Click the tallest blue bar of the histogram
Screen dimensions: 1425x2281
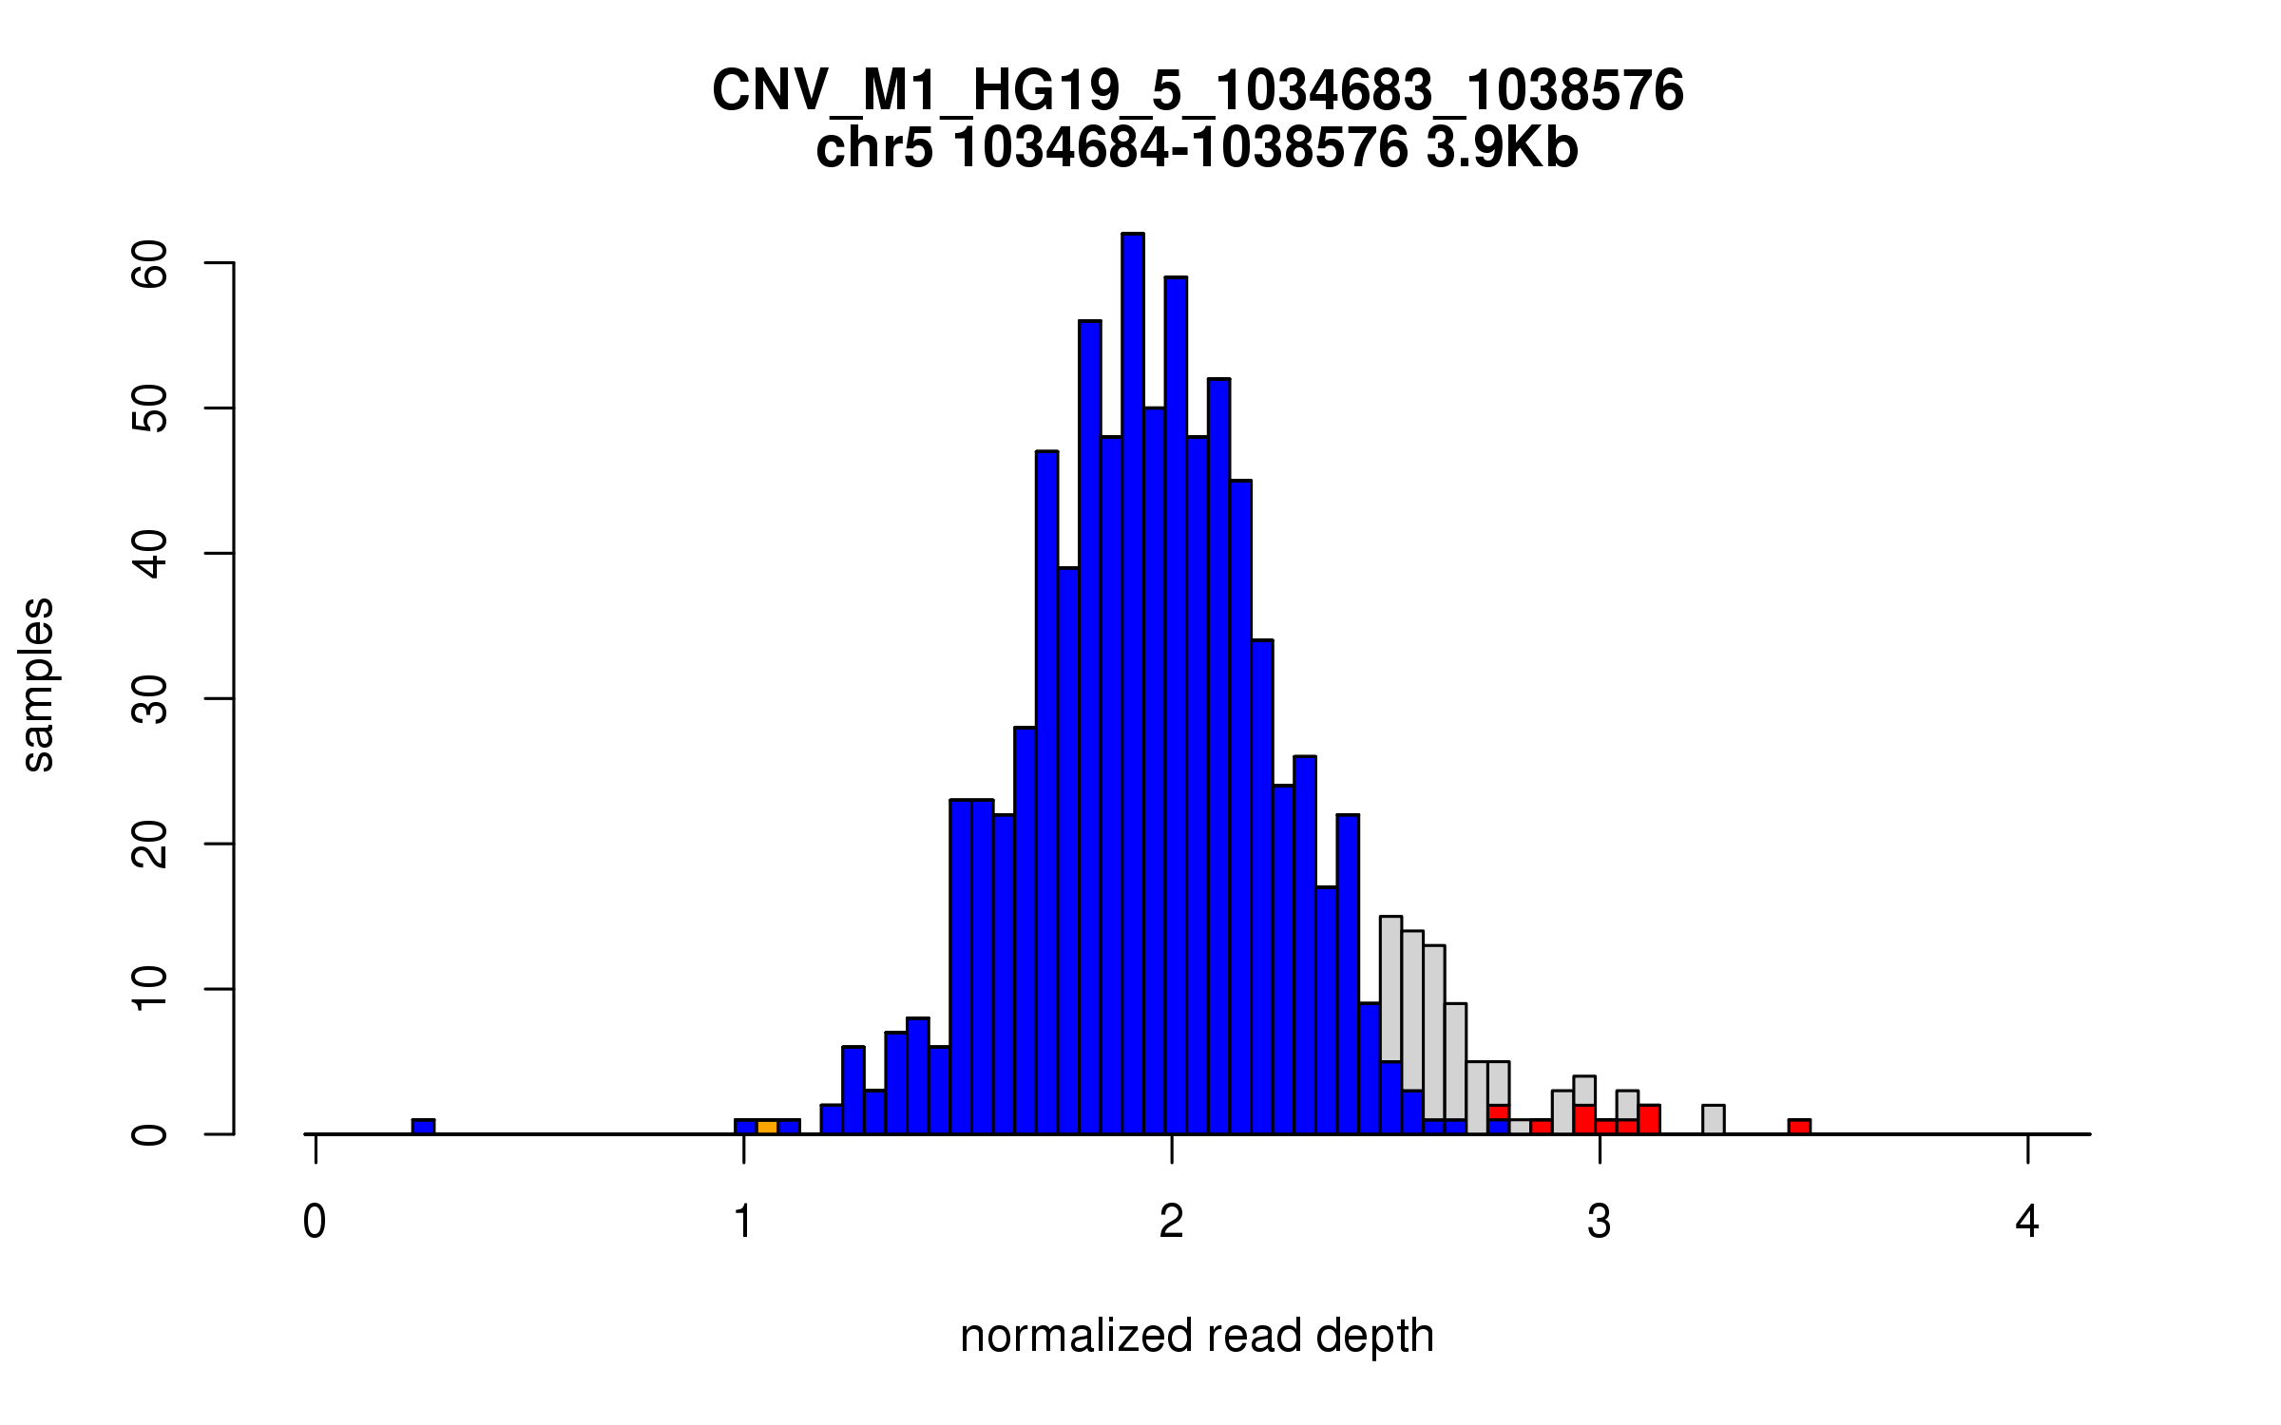(1132, 684)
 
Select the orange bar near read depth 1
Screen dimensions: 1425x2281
(767, 1127)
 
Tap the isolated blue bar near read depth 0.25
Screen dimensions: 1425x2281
(423, 1127)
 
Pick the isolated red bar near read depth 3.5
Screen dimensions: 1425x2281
(1799, 1127)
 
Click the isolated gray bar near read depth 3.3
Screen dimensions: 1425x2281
(1713, 1119)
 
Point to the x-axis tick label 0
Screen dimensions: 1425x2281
(315, 1222)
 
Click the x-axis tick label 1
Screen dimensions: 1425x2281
(743, 1222)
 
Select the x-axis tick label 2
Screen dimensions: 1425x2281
(1171, 1222)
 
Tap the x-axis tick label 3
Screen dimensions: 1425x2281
(1600, 1222)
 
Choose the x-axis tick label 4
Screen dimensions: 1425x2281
(2027, 1222)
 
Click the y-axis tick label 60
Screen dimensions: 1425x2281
(150, 263)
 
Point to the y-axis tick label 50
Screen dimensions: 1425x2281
(150, 408)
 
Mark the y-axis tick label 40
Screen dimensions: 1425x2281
(150, 554)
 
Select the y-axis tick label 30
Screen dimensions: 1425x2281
(150, 699)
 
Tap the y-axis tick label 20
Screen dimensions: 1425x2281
(150, 845)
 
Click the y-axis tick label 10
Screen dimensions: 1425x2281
(150, 990)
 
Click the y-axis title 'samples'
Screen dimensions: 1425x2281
(38, 684)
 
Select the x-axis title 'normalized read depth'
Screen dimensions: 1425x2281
(1197, 1337)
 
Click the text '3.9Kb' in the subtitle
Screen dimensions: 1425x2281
(1502, 148)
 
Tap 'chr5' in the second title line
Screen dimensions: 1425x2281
(874, 148)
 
